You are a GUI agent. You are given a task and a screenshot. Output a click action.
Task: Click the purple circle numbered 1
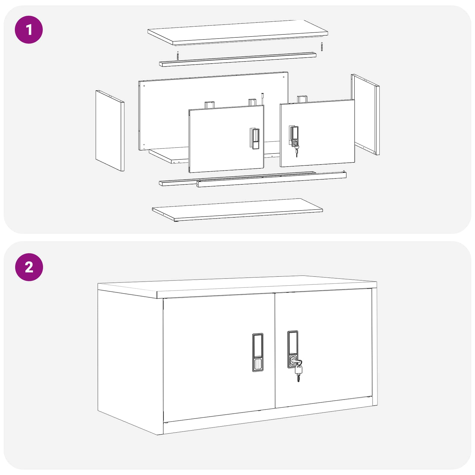coord(29,30)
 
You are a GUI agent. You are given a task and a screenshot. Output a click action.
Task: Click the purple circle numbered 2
coord(29,267)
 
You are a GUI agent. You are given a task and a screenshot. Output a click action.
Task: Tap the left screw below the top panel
coord(178,55)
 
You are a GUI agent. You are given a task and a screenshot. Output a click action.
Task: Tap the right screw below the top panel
coord(322,47)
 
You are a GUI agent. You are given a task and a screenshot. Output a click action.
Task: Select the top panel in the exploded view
coord(237,32)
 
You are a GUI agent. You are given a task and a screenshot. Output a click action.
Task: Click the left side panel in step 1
coord(109,131)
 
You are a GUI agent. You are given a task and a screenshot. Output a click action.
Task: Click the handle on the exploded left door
coord(254,139)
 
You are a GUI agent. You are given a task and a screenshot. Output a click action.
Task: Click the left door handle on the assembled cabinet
coord(258,352)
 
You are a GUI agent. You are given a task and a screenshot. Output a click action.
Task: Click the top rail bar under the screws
coord(237,59)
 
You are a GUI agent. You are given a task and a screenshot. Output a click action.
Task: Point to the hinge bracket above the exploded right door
coord(302,99)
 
